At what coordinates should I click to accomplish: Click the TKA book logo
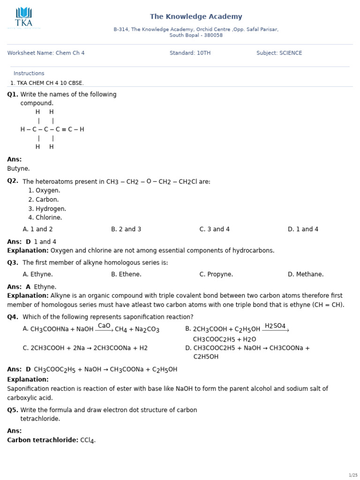23,14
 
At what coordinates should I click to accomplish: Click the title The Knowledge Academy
196,17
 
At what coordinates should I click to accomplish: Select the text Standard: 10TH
190,53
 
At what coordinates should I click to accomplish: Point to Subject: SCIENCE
279,53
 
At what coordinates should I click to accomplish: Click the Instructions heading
29,73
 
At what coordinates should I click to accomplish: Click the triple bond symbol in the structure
64,129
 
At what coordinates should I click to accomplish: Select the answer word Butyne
18,168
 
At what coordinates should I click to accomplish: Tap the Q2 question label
13,181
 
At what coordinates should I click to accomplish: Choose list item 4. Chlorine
45,217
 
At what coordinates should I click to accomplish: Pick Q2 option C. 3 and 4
214,229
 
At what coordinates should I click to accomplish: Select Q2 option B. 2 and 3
126,229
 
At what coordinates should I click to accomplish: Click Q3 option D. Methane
306,274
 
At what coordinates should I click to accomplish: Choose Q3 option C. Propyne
216,274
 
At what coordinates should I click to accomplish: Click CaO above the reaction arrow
104,326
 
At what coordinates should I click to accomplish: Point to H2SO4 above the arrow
275,326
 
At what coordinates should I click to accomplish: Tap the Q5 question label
13,410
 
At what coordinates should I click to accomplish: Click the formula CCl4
88,440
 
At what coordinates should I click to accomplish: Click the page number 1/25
353,475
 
